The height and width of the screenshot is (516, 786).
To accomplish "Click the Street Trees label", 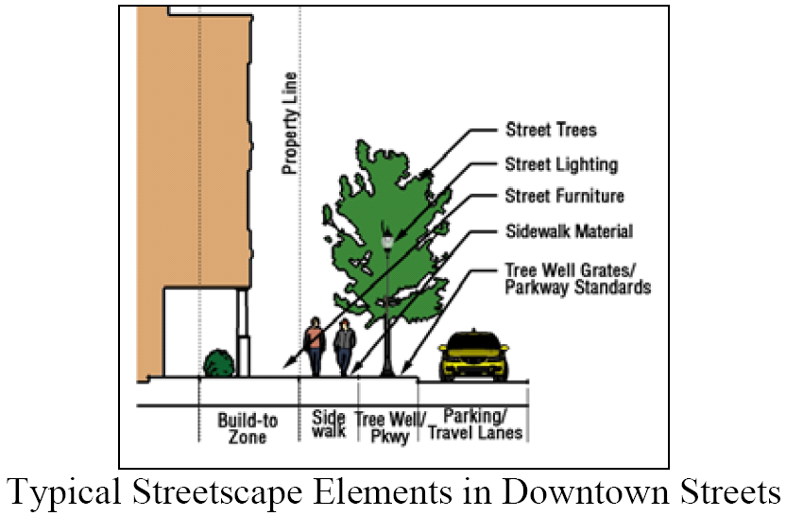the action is click(552, 129).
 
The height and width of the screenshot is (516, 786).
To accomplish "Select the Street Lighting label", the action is click(561, 164).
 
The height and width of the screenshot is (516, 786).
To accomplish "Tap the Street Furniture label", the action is click(565, 197).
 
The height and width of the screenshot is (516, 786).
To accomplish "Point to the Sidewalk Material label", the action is click(569, 231).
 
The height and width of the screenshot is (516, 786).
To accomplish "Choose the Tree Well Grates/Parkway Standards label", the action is click(577, 278).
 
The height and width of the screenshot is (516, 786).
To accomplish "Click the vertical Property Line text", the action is click(291, 123).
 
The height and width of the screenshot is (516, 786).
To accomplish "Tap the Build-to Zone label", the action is click(248, 427).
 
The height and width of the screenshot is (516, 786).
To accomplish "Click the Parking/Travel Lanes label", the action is click(476, 424).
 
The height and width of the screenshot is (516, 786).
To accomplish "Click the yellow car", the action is click(473, 355).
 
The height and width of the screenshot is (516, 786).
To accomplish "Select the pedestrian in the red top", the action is click(314, 345).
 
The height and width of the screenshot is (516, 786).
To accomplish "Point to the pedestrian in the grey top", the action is click(346, 347).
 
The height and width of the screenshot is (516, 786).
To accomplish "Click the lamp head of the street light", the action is click(386, 242).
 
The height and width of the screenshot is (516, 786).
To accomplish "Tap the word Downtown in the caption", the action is click(579, 493).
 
